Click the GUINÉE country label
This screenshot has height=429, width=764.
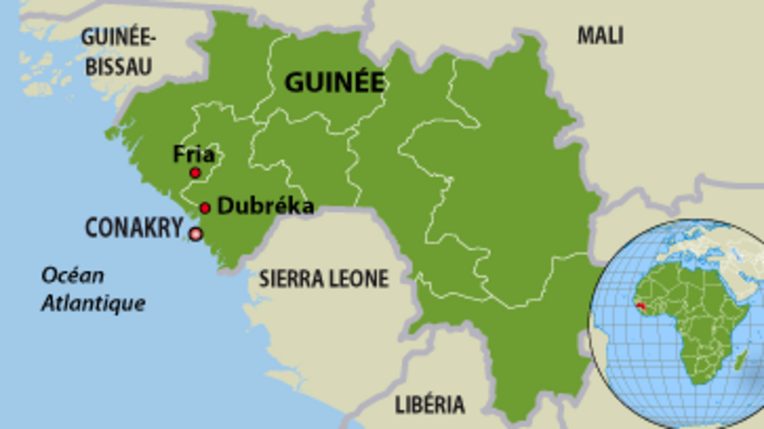tap(334, 82)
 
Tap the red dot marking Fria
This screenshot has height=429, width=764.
tap(195, 173)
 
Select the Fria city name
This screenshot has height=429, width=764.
tap(194, 155)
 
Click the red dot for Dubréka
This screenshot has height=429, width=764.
tap(205, 208)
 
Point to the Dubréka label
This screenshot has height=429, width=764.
tap(266, 206)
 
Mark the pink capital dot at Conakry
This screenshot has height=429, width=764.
tap(196, 234)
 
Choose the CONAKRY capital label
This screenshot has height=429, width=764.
tap(134, 228)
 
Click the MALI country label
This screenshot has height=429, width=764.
tap(600, 36)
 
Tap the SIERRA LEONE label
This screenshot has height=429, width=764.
tap(324, 279)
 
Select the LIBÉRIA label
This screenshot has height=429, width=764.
tap(430, 405)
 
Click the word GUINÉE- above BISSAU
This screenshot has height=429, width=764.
tap(118, 38)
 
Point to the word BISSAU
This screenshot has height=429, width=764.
tap(118, 66)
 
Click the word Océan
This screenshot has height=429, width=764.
tap(72, 276)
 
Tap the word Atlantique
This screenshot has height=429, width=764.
tap(93, 303)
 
